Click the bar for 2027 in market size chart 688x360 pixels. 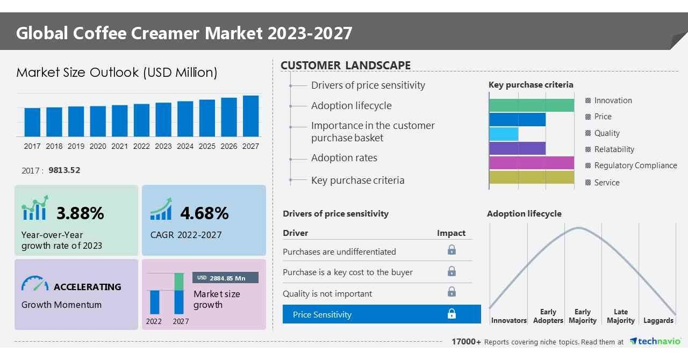click(x=250, y=116)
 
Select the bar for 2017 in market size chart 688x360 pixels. click(x=32, y=122)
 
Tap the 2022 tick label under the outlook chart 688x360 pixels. click(x=141, y=146)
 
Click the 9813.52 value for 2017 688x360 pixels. click(x=64, y=170)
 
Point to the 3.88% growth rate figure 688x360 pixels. click(x=80, y=213)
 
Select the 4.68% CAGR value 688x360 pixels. click(x=204, y=213)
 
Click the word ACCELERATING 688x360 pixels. click(x=88, y=287)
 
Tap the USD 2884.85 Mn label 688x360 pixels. click(x=225, y=278)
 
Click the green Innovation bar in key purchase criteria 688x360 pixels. click(x=531, y=105)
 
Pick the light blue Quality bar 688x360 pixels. click(x=504, y=134)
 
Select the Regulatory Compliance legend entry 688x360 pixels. click(x=635, y=165)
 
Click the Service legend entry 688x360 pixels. click(x=607, y=183)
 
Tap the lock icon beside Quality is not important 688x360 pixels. click(x=451, y=292)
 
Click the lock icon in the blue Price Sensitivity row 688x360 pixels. click(x=451, y=314)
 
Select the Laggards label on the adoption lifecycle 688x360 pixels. click(x=658, y=321)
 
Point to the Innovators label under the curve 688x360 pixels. click(x=508, y=321)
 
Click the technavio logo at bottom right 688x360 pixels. click(x=655, y=342)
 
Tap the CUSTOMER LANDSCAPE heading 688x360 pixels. click(x=346, y=66)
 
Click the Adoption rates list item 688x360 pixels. click(x=344, y=158)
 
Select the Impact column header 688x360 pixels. click(x=451, y=233)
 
